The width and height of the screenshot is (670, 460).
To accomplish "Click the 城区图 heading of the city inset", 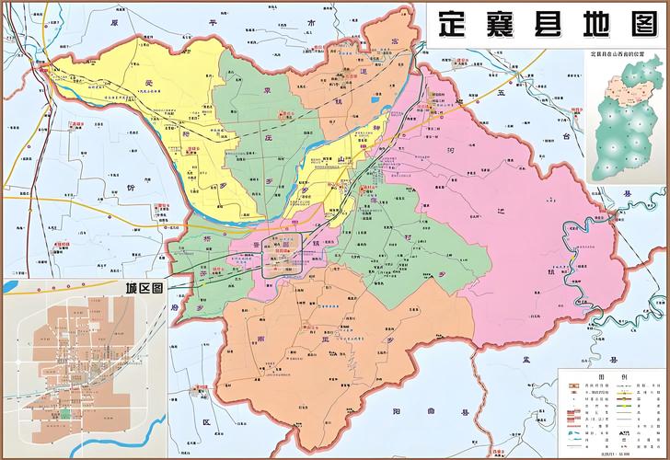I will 144,288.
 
